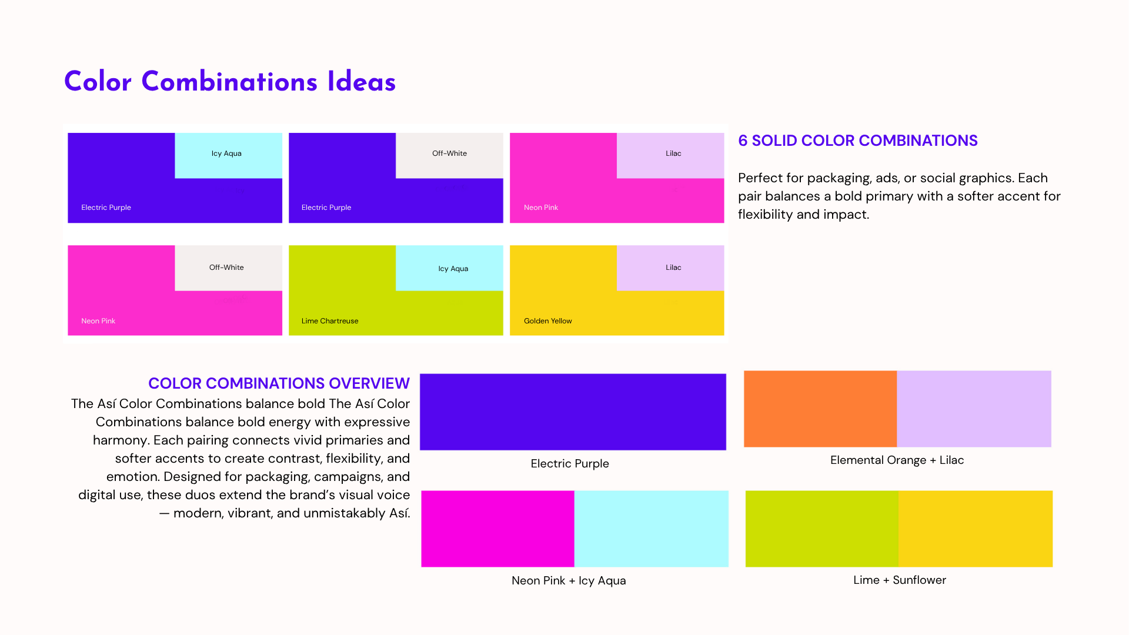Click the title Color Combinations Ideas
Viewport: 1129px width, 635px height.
(x=230, y=82)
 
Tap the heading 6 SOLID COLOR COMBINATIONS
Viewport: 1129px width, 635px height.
(x=858, y=141)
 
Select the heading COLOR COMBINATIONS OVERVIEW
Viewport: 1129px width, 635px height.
(x=279, y=383)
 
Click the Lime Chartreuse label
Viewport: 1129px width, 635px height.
(x=330, y=321)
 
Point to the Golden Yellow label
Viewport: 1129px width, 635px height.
(x=548, y=321)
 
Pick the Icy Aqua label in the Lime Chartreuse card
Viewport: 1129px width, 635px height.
(x=453, y=269)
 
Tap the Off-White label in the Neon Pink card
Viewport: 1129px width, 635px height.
(x=226, y=268)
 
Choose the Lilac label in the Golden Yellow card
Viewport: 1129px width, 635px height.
(x=673, y=268)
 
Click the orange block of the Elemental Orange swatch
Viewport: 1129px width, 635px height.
(x=820, y=409)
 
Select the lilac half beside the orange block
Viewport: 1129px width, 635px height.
(x=974, y=409)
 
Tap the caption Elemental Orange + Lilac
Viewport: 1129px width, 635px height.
(x=897, y=460)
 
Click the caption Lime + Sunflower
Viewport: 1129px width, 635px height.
(x=900, y=580)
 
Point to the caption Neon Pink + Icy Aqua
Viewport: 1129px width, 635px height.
(x=569, y=581)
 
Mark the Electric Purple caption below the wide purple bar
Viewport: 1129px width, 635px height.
(x=570, y=464)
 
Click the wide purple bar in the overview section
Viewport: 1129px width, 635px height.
(x=573, y=412)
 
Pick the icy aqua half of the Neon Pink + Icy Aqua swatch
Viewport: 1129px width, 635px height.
(x=652, y=529)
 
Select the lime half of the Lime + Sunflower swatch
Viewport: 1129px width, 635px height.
(x=822, y=529)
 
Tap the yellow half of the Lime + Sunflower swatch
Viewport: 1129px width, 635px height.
(x=976, y=529)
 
